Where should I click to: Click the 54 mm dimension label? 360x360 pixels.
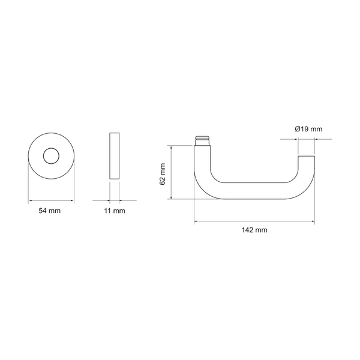click(50, 211)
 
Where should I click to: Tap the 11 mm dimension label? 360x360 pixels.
click(115, 211)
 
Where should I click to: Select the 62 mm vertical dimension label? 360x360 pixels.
click(163, 174)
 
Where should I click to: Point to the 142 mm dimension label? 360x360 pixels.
click(254, 230)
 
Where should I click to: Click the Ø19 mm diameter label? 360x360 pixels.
click(308, 129)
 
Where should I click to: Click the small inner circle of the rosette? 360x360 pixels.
click(51, 156)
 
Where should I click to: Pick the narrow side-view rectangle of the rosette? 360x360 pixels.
click(115, 156)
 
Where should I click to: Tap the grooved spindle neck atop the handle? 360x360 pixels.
click(202, 140)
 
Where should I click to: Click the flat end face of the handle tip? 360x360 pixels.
click(306, 156)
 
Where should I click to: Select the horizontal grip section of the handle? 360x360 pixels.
click(254, 191)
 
